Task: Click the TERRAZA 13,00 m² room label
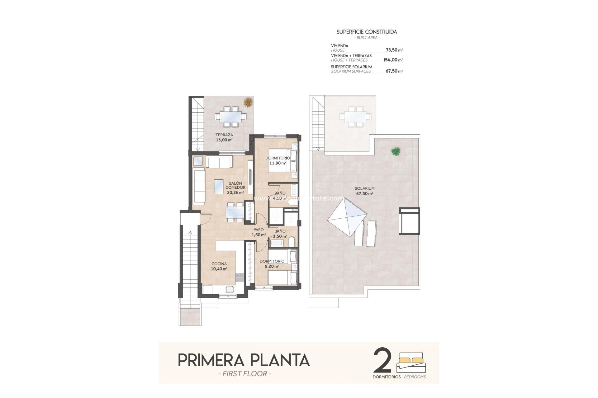tap(224, 137)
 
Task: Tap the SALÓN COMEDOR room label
tap(235, 188)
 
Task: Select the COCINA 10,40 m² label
tap(219, 266)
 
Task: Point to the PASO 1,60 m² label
tap(259, 232)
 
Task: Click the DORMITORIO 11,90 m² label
tap(278, 160)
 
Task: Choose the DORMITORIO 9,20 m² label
tap(272, 264)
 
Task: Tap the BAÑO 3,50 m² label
tap(280, 234)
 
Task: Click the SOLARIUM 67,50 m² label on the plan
tap(364, 191)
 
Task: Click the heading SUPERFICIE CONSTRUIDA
tap(367, 32)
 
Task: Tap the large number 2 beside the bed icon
tap(382, 361)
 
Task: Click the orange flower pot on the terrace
tap(248, 102)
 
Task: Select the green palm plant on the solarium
tap(396, 151)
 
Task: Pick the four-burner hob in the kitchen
tap(240, 277)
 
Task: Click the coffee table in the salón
tap(220, 186)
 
